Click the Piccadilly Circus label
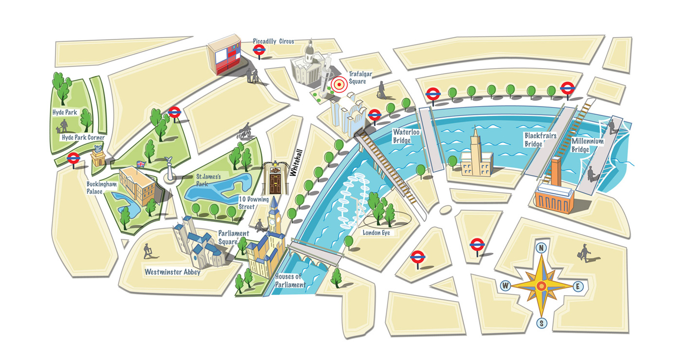(x=273, y=42)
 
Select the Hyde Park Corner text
(x=83, y=138)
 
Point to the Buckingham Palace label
(x=102, y=188)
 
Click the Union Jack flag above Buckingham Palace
(x=141, y=164)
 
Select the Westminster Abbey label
(x=172, y=272)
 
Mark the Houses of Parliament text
(x=290, y=281)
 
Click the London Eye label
(x=376, y=233)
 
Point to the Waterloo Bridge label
(x=402, y=136)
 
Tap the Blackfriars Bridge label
(x=540, y=140)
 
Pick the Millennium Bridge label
(x=587, y=145)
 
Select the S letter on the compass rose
(x=541, y=323)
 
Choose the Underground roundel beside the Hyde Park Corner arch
(x=73, y=158)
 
